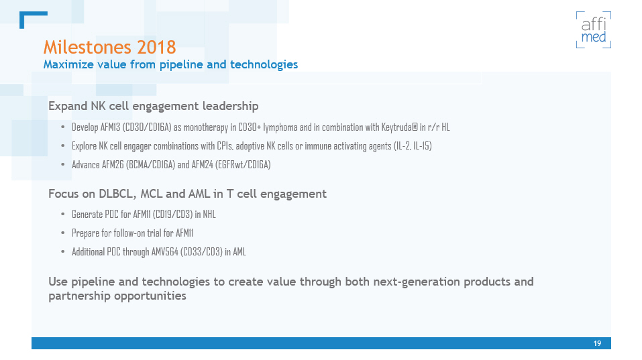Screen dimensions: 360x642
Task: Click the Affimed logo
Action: [x=593, y=30]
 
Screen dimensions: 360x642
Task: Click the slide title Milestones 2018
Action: [x=109, y=47]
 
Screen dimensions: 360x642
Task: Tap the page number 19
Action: [x=597, y=343]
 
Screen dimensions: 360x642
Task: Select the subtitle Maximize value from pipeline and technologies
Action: [x=170, y=64]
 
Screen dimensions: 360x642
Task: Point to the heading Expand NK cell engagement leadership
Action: [x=153, y=106]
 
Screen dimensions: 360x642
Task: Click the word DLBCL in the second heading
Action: [x=118, y=194]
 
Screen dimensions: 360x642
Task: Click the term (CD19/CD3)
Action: [x=177, y=215]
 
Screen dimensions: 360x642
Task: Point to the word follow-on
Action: [x=120, y=233]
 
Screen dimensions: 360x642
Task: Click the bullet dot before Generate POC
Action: [x=62, y=215]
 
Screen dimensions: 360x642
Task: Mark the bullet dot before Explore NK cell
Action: [x=62, y=145]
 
